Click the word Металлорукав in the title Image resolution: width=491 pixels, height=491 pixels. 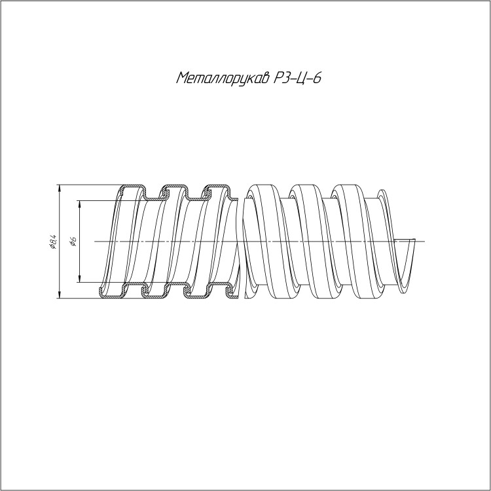(x=223, y=78)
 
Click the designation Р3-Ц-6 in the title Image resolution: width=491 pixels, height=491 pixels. (x=297, y=78)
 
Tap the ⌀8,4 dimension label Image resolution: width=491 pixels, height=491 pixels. (x=52, y=242)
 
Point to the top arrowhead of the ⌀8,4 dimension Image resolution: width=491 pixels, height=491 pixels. (x=59, y=188)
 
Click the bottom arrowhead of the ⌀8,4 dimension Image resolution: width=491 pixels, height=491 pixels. (x=59, y=295)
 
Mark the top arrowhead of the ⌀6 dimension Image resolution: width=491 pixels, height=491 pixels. (x=80, y=204)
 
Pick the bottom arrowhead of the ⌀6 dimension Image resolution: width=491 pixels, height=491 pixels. (x=80, y=279)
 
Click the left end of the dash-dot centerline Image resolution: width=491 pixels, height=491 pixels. (x=94, y=242)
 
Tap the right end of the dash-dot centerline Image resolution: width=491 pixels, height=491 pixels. (x=425, y=242)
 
